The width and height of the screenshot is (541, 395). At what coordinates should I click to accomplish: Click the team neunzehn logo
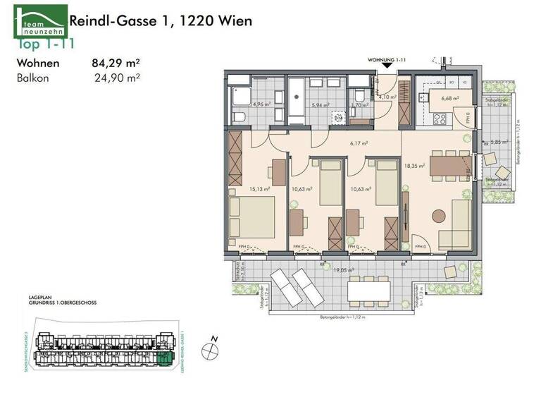(x=41, y=21)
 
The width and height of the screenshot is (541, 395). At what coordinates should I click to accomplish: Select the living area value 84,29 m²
(x=116, y=62)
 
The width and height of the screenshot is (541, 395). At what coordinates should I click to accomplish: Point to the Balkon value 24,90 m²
(x=117, y=78)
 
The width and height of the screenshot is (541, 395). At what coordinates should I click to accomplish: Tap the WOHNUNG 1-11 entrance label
(x=387, y=61)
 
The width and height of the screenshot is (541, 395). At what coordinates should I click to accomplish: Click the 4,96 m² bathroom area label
(x=243, y=104)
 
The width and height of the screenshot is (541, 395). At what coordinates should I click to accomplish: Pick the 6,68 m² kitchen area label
(x=449, y=99)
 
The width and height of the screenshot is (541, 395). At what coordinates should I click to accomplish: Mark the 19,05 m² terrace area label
(x=343, y=269)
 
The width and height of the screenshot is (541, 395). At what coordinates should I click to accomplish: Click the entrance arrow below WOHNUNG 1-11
(x=386, y=68)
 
